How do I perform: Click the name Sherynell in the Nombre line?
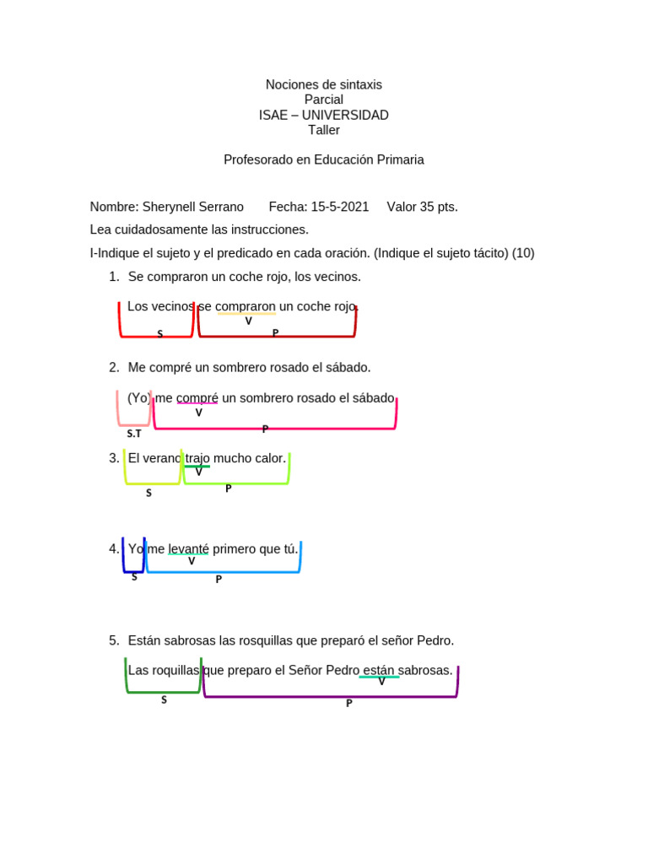click(168, 207)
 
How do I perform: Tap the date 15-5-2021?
click(340, 207)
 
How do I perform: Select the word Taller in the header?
click(324, 130)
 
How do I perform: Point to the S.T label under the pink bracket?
click(134, 434)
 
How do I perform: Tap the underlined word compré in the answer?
click(197, 397)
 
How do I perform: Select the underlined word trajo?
click(197, 458)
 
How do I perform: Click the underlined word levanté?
click(188, 549)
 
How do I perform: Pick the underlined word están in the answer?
click(379, 671)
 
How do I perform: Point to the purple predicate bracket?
click(331, 695)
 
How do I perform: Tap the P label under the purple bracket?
click(348, 704)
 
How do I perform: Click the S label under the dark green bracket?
click(164, 699)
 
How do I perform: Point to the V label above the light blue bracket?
click(192, 561)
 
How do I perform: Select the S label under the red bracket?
click(159, 334)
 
